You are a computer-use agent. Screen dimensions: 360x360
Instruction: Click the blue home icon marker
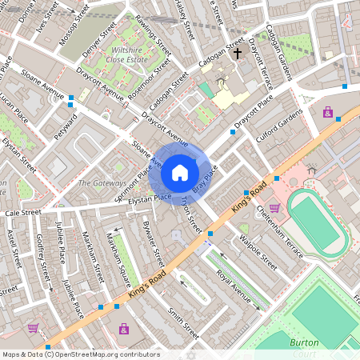180,173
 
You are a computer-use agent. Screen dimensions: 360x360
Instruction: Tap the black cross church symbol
237,54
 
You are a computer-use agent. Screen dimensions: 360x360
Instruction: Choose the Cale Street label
22,214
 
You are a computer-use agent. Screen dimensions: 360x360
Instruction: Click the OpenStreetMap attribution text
80,354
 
